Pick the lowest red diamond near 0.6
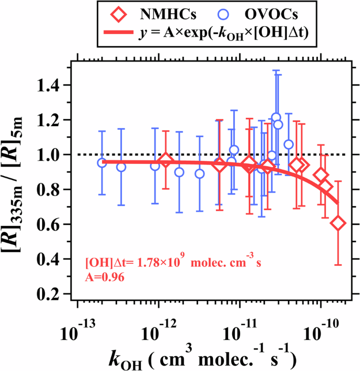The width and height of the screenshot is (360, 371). click(338, 223)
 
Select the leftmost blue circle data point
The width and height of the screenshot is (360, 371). click(102, 163)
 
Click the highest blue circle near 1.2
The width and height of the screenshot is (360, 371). click(276, 117)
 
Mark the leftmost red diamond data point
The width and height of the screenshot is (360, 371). click(166, 161)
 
